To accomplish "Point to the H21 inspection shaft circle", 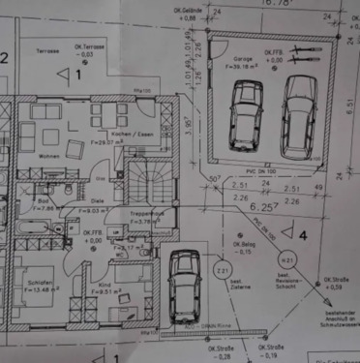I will click(x=286, y=260).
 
